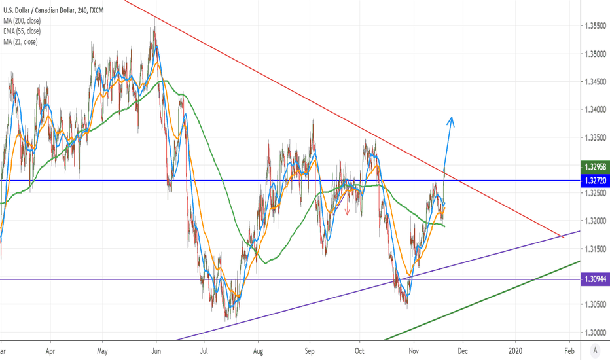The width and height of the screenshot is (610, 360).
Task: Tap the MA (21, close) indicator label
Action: (x=20, y=42)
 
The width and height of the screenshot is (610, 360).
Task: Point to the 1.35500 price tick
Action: (x=595, y=26)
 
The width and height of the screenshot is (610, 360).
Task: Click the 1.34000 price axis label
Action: (x=595, y=110)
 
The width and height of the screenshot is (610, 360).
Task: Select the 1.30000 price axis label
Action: (x=595, y=333)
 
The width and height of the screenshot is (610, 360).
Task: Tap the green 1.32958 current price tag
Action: (x=595, y=166)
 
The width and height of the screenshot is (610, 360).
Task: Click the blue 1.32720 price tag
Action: (x=595, y=180)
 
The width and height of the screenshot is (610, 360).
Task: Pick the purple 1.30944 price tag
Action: (x=595, y=279)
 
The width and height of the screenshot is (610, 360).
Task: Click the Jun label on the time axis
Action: (x=156, y=351)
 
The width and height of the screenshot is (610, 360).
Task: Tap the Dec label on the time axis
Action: (x=463, y=351)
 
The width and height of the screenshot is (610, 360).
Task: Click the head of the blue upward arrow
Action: (x=450, y=118)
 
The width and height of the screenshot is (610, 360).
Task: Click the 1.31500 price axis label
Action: (x=595, y=249)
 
